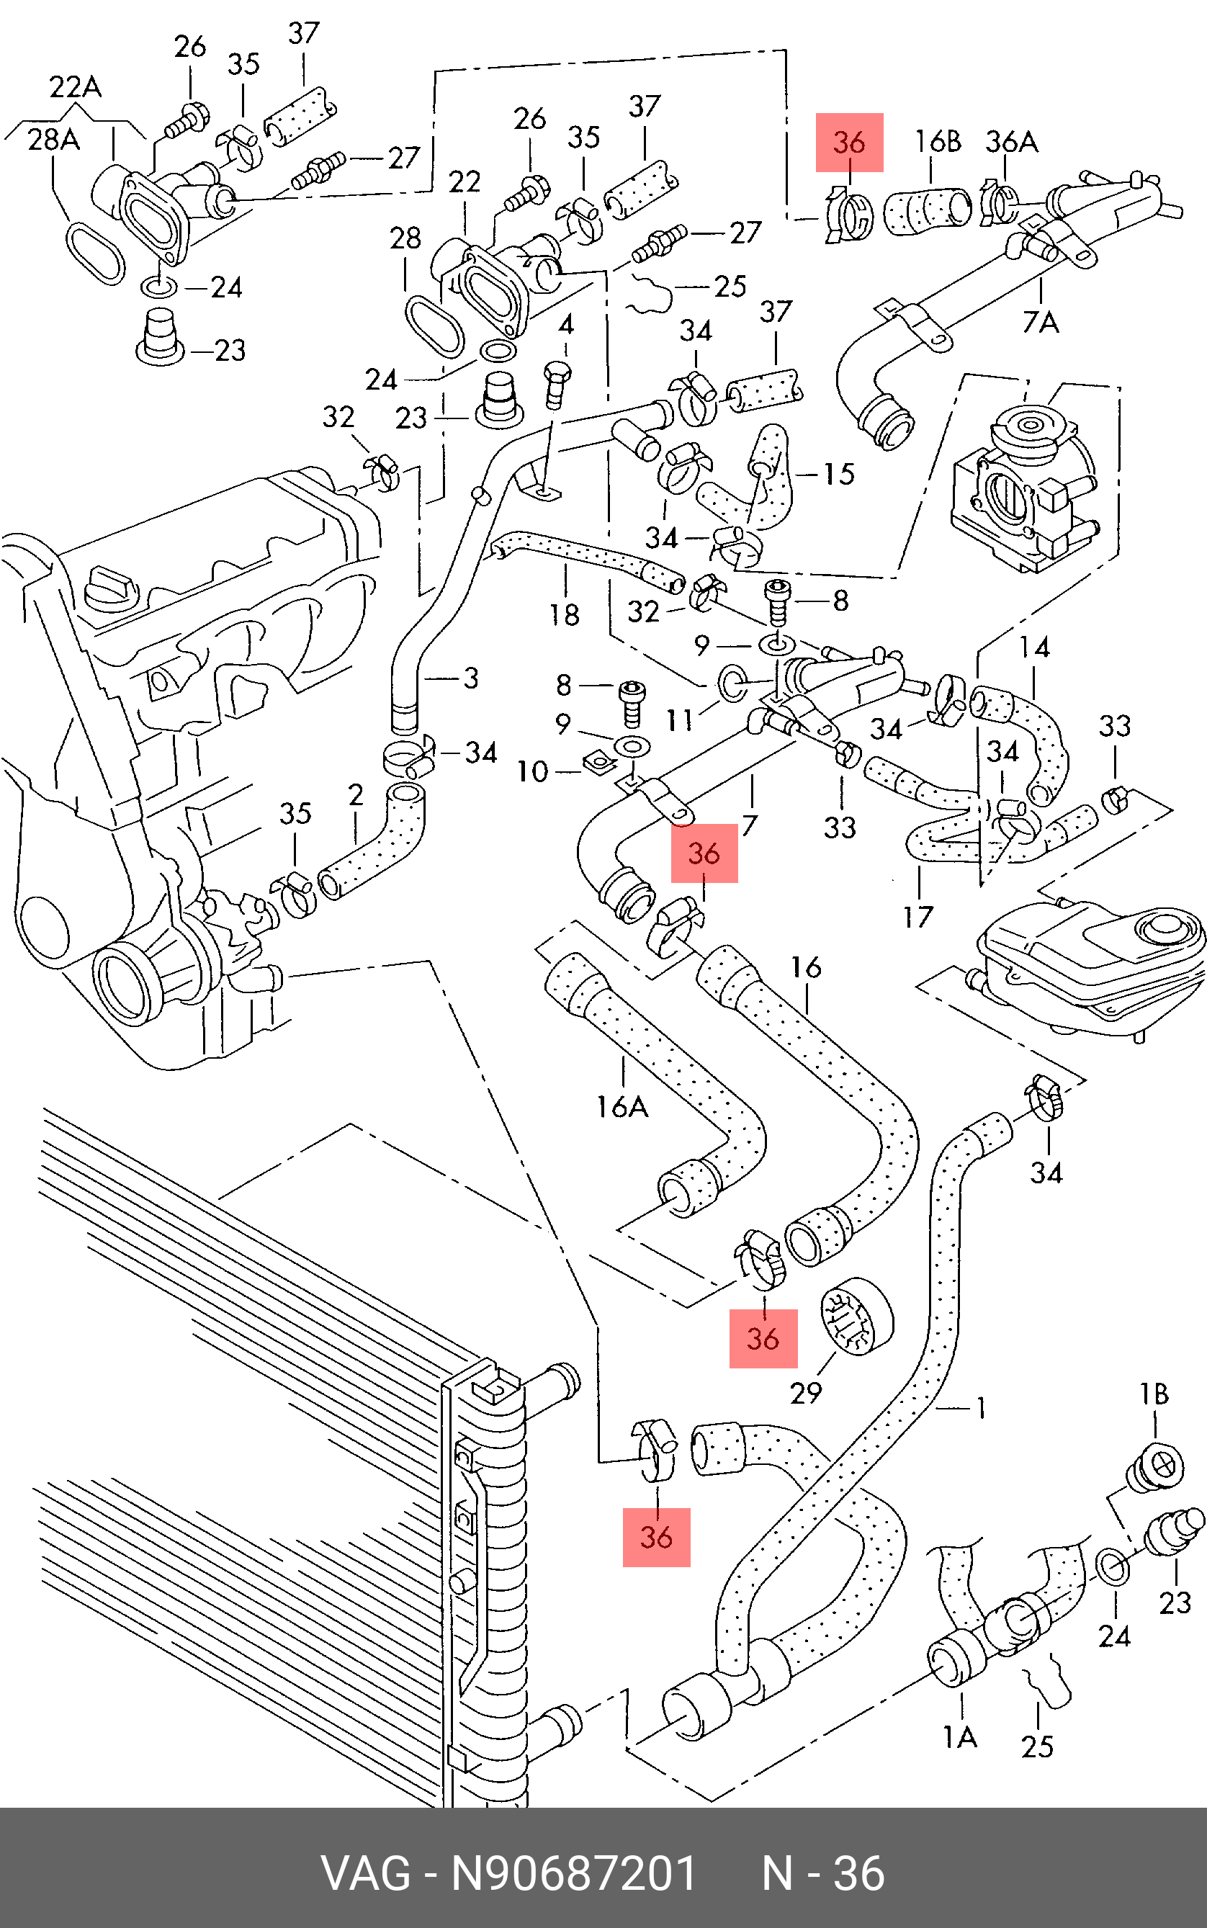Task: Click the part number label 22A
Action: point(75,86)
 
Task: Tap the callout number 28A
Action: point(53,140)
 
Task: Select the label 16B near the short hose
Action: point(937,142)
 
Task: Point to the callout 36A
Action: point(1010,142)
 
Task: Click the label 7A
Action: point(1040,322)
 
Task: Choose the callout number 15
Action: point(838,474)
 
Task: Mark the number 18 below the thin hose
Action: point(564,615)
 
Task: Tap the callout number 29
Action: point(805,1393)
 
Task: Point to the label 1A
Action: point(959,1737)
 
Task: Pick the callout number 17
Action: point(918,918)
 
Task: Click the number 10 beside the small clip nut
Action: point(532,771)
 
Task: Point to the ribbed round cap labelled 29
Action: point(856,1317)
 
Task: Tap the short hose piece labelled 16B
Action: point(929,211)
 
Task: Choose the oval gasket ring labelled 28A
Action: point(95,252)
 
